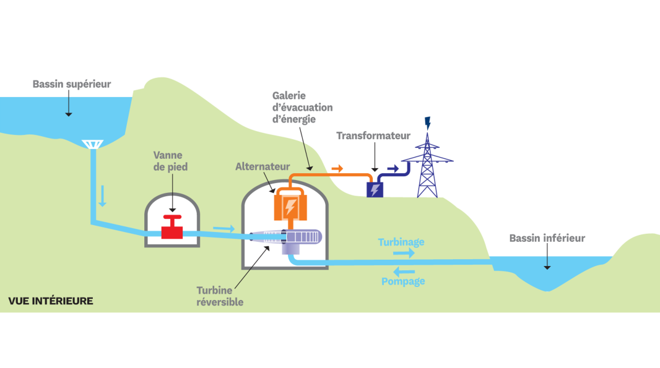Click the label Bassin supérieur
[72, 84]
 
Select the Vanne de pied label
[170, 162]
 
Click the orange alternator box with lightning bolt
[290, 205]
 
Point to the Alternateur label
[263, 167]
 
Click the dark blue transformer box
[375, 189]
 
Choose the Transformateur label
[373, 135]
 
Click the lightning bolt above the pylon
[426, 122]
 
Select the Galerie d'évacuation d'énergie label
[302, 107]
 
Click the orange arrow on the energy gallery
[337, 168]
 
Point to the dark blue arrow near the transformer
[393, 168]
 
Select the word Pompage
[403, 281]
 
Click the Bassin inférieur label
[547, 238]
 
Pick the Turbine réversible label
[220, 296]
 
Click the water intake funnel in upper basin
[92, 144]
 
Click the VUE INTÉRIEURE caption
[51, 301]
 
